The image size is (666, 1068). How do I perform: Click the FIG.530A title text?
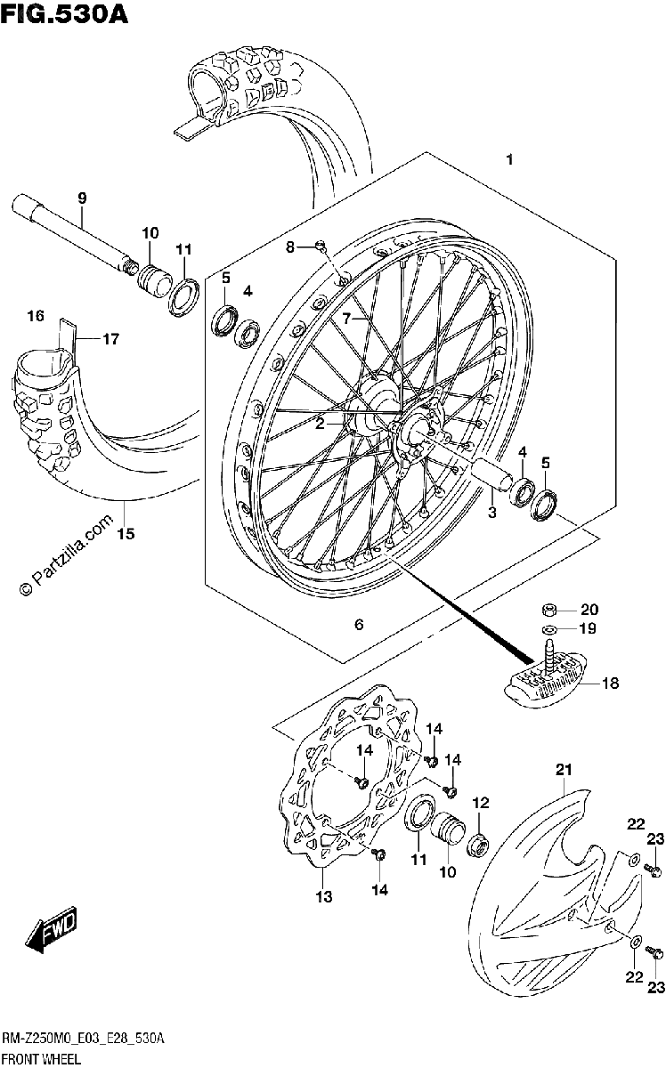pos(64,14)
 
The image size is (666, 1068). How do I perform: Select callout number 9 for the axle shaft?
pos(82,198)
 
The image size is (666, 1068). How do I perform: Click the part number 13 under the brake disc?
pos(324,897)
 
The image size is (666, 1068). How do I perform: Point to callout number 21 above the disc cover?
pos(564,770)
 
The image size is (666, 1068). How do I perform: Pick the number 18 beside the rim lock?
pos(610,684)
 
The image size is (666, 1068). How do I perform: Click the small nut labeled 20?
pos(549,609)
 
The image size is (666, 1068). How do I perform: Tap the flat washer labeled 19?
pos(548,630)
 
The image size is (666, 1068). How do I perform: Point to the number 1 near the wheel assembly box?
pos(510,159)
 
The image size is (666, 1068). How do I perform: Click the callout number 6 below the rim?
pos(359,624)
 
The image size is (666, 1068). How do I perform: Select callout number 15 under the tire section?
pos(126,533)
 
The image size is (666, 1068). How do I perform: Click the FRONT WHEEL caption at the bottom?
pos(41,1059)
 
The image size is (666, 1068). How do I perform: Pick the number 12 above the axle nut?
pos(481,803)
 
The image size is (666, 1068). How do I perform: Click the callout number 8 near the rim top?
pos(290,247)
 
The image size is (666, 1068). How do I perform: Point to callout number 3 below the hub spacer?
pos(491,513)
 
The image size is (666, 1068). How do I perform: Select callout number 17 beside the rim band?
pos(110,339)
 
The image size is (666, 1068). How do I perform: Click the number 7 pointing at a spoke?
pos(347,318)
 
